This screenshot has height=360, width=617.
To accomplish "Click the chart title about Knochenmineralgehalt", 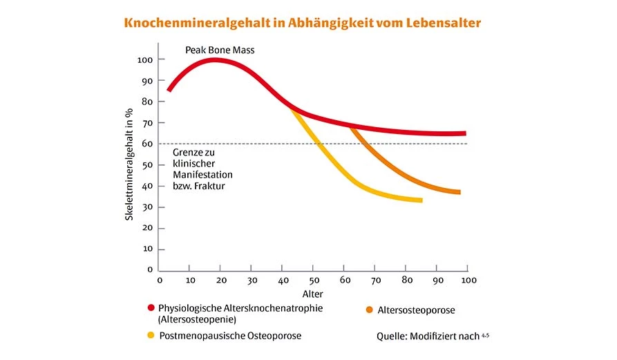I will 302,23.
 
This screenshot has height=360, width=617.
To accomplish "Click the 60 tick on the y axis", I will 146,144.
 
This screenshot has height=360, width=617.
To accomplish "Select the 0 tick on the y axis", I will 149,270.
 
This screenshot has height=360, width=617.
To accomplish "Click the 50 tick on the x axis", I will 314,280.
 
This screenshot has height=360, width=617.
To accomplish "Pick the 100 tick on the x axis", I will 468,280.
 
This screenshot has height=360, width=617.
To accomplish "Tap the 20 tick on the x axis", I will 221,280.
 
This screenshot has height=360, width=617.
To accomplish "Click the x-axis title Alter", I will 312,294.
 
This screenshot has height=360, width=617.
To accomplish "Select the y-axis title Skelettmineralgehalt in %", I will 129,165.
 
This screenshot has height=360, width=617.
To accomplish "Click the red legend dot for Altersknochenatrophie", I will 151,307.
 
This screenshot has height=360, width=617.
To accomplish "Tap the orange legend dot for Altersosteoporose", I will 370,310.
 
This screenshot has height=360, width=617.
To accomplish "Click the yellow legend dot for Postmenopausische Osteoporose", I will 151,336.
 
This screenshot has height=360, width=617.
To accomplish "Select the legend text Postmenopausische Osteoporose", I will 230,336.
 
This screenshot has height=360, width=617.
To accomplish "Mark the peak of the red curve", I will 215,59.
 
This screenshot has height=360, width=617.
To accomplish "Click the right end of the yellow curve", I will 420,200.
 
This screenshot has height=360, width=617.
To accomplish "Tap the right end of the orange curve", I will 458,192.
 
